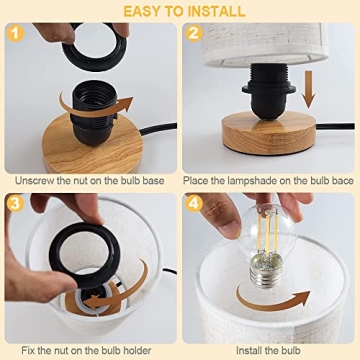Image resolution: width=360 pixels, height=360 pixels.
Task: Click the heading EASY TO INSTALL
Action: pyautogui.click(x=180, y=10)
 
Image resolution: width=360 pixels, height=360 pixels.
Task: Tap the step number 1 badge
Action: pyautogui.click(x=16, y=35)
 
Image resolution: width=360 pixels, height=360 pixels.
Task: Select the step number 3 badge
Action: pyautogui.click(x=16, y=203)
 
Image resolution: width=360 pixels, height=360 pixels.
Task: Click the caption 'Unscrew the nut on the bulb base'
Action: pyautogui.click(x=90, y=180)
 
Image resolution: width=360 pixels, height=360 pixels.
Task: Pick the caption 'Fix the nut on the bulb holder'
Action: pyautogui.click(x=90, y=349)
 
